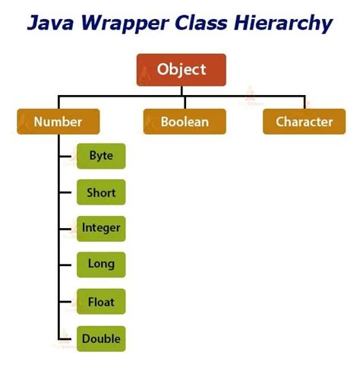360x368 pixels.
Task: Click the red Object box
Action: tap(182, 69)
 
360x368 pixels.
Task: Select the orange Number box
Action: tap(58, 122)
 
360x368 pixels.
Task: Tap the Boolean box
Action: tap(185, 122)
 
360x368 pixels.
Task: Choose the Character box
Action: tap(304, 122)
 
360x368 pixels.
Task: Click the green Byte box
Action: tap(100, 156)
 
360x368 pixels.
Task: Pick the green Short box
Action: tap(100, 192)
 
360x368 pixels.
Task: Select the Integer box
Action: tap(100, 228)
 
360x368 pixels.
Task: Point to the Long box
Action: tap(100, 264)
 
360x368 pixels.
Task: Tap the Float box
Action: tap(100, 302)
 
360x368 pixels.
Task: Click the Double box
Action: tap(100, 338)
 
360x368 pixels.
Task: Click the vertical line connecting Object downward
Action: tap(182, 90)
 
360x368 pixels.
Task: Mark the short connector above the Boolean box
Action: tap(185, 103)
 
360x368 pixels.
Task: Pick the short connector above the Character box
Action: tap(304, 103)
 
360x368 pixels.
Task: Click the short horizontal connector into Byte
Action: tap(67, 157)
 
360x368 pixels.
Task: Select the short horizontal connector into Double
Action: tap(67, 338)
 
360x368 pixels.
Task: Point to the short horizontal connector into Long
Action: tap(67, 265)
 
